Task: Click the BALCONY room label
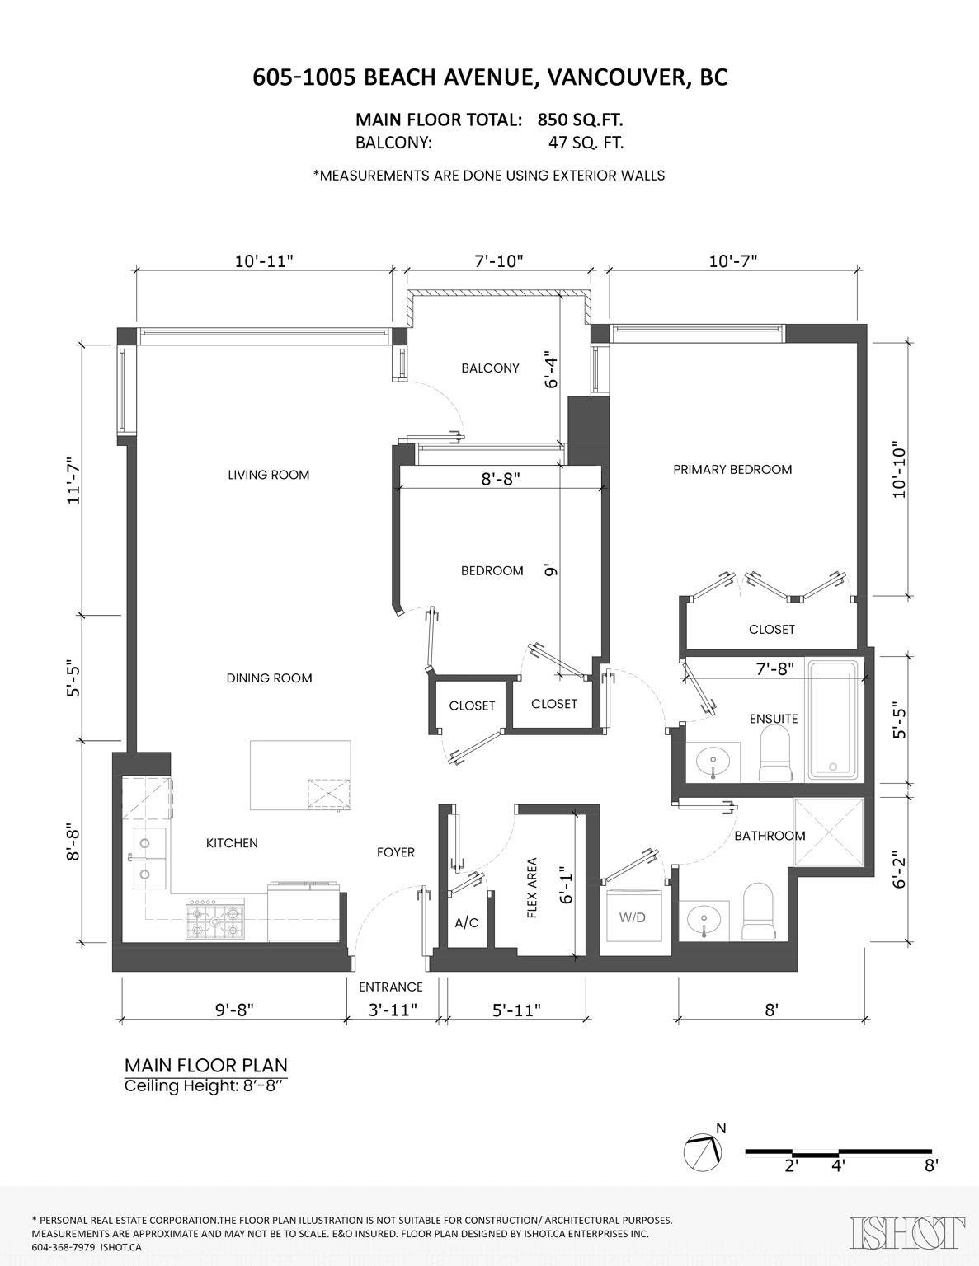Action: [x=490, y=368]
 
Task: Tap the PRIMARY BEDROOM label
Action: [x=732, y=470]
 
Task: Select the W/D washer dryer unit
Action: [x=633, y=917]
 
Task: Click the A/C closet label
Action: [x=467, y=923]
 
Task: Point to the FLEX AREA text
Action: [x=532, y=888]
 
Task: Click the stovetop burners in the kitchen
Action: [x=215, y=919]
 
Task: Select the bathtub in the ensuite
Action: [x=834, y=720]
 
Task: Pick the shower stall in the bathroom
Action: [x=828, y=832]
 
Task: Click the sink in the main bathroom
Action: [x=704, y=919]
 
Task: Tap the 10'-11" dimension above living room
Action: [x=264, y=261]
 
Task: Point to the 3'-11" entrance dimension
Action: [x=392, y=1009]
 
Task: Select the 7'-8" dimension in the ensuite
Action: [x=775, y=668]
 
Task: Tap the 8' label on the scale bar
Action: [x=931, y=1165]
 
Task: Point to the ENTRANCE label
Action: [x=390, y=987]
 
